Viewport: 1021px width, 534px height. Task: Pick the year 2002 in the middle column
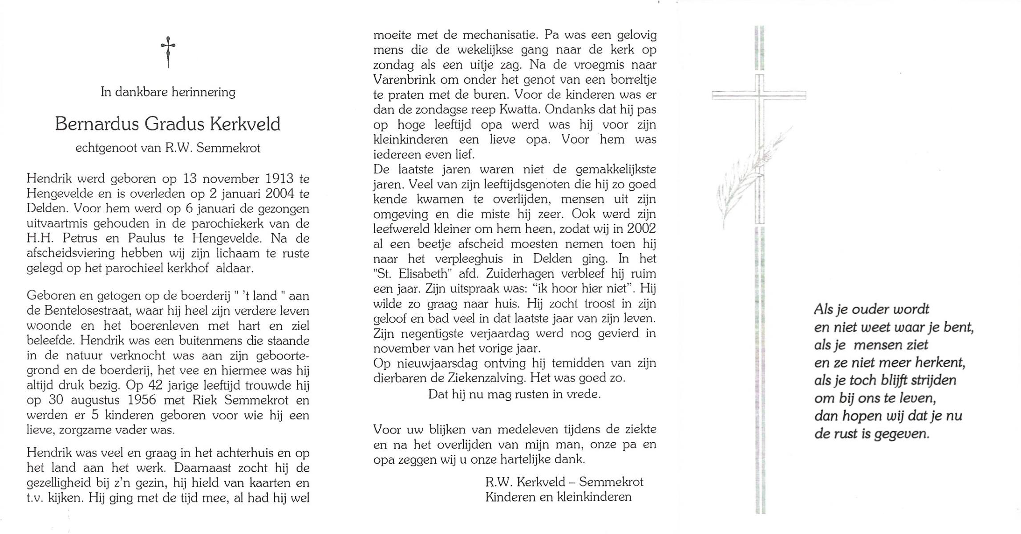(x=641, y=229)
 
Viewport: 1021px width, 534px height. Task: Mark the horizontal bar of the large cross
(x=759, y=95)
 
